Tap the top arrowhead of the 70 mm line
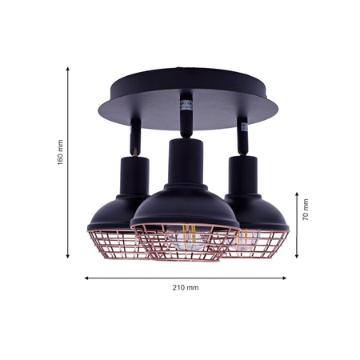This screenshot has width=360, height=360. (x=296, y=194)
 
